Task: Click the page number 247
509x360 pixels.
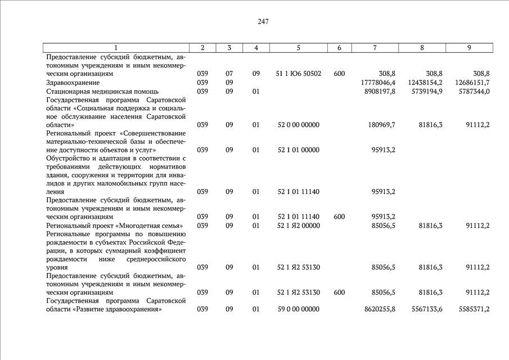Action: point(263,22)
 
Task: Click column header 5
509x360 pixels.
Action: point(299,48)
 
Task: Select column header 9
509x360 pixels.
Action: point(469,48)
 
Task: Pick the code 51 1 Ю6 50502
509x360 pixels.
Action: point(299,74)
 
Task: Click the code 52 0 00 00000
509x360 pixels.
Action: point(299,125)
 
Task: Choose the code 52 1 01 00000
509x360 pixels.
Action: point(299,150)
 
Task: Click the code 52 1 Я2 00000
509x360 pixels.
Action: point(299,226)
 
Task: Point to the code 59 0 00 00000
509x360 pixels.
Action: point(299,309)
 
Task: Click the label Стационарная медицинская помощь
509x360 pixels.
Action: point(102,91)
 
